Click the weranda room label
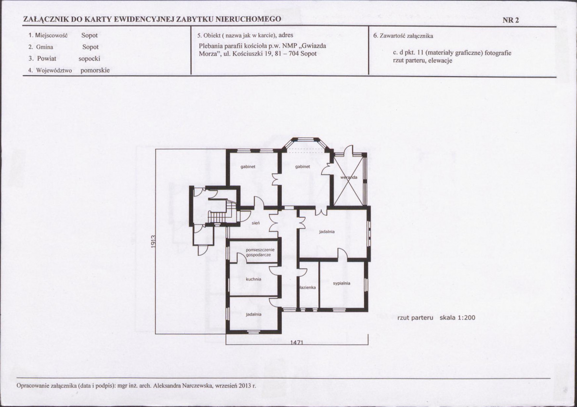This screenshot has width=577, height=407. tap(349, 177)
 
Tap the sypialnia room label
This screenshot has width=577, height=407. tap(341, 283)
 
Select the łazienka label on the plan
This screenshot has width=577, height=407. tap(308, 288)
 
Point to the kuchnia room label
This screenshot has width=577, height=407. tap(253, 279)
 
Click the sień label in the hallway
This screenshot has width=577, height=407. tap(256, 223)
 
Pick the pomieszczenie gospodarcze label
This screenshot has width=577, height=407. tap(260, 252)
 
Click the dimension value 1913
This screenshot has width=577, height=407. tap(154, 241)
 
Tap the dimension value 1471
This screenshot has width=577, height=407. tap(297, 342)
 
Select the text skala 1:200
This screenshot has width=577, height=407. tap(458, 317)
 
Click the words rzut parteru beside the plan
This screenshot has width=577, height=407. tap(416, 317)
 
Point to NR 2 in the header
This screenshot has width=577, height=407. tap(511, 20)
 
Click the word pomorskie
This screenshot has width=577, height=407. tap(95, 70)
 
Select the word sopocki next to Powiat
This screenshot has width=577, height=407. tap(90, 58)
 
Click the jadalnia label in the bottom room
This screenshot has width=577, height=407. tap(253, 315)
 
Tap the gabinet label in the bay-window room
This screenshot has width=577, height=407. tap(302, 167)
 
